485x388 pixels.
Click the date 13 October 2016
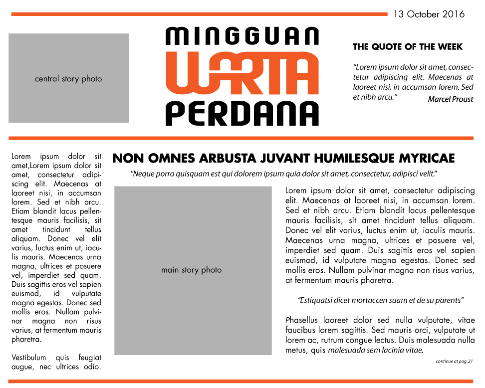click(429, 14)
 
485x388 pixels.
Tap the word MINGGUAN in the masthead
click(242, 36)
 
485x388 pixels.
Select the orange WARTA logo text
click(242, 73)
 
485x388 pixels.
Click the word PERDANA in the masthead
click(242, 113)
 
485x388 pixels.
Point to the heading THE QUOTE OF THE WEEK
click(408, 47)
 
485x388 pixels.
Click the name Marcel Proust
click(450, 99)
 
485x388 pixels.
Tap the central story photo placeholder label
click(68, 79)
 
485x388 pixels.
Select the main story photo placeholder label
click(191, 270)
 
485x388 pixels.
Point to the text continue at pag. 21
click(454, 361)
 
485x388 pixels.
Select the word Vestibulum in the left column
click(28, 358)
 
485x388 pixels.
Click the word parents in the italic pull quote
click(450, 300)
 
